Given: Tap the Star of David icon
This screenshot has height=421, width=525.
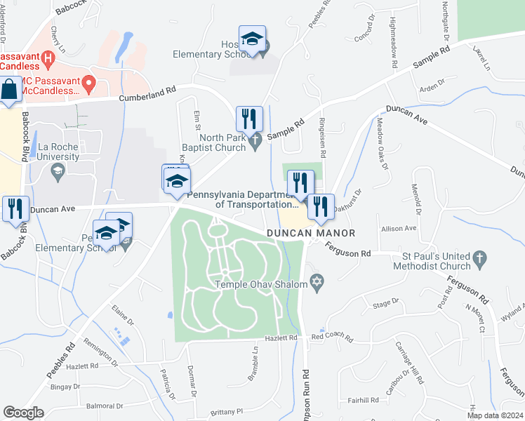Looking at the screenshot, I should click(x=317, y=283).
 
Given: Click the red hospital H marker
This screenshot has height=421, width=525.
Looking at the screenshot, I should click(x=48, y=58).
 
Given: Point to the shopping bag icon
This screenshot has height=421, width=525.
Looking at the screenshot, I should click(x=8, y=90).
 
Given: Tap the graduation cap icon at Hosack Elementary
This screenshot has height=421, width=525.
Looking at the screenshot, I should click(x=252, y=39).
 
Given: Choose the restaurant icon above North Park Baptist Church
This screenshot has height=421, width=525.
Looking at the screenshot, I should click(x=248, y=119).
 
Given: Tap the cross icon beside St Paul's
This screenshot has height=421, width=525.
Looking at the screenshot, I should click(x=480, y=258).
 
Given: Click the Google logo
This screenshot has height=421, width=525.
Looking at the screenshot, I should click(x=23, y=413).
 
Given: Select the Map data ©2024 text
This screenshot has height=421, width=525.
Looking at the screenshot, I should click(x=495, y=415).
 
